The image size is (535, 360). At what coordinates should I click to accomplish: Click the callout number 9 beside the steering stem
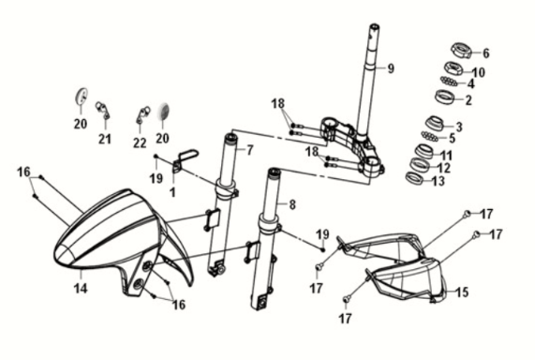392,68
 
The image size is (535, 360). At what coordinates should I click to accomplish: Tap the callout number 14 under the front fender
81,288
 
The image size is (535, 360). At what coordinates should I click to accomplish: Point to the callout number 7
250,150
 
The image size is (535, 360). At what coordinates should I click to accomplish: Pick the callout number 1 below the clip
173,191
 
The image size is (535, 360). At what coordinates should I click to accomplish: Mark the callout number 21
105,140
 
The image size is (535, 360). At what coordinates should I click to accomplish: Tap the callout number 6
485,53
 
